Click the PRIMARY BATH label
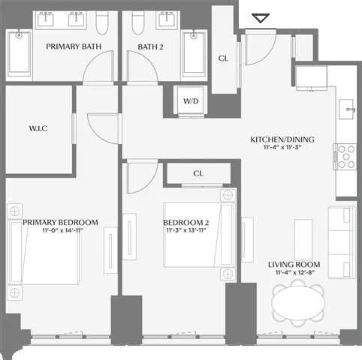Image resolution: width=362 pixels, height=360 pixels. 74,46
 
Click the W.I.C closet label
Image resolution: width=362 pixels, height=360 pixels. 39,127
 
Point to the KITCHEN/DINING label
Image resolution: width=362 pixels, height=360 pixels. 282,139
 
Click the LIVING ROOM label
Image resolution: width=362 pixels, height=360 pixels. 294,265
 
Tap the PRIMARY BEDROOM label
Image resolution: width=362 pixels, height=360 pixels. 60,222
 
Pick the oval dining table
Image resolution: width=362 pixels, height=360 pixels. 299,304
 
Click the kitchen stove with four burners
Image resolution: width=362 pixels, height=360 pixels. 345,156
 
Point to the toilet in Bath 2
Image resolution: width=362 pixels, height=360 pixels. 137,25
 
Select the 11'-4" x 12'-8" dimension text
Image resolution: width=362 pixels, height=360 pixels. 294,274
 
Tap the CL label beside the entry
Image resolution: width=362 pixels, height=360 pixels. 224,58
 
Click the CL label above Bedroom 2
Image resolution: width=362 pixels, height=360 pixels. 198,173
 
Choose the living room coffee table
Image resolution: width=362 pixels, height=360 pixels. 303,236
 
